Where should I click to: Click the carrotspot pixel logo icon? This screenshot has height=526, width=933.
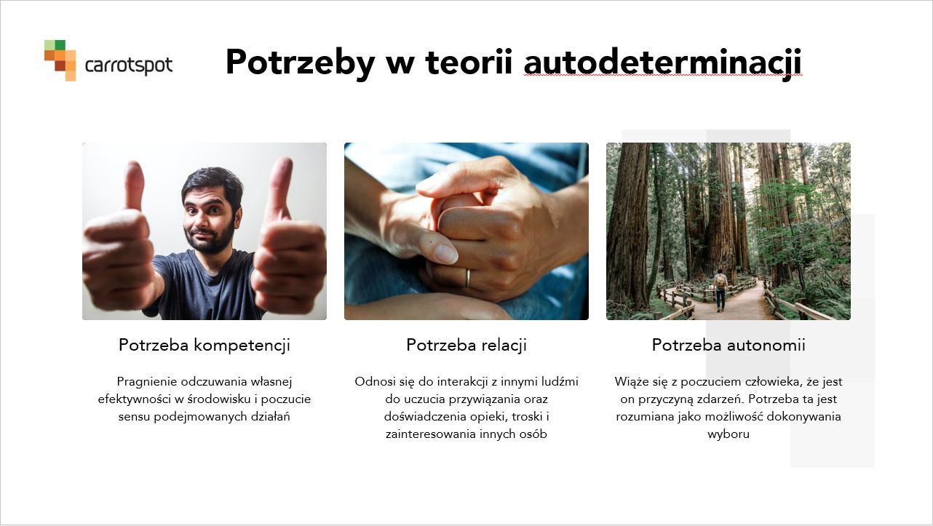60,60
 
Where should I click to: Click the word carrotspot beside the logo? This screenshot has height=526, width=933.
129,65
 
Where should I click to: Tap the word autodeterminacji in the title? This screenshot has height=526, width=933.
663,63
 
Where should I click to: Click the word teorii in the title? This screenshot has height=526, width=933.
469,62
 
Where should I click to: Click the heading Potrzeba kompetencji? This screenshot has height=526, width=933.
205,345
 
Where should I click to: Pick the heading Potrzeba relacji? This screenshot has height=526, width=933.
467,345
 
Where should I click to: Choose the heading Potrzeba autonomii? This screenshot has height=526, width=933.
728,345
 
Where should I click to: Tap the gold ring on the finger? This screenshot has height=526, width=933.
467,278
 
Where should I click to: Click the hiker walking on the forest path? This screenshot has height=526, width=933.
719,290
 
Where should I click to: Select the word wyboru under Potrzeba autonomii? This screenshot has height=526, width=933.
728,434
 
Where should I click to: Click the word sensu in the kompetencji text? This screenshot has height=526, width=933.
134,417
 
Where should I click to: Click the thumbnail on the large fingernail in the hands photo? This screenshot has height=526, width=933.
445,252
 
